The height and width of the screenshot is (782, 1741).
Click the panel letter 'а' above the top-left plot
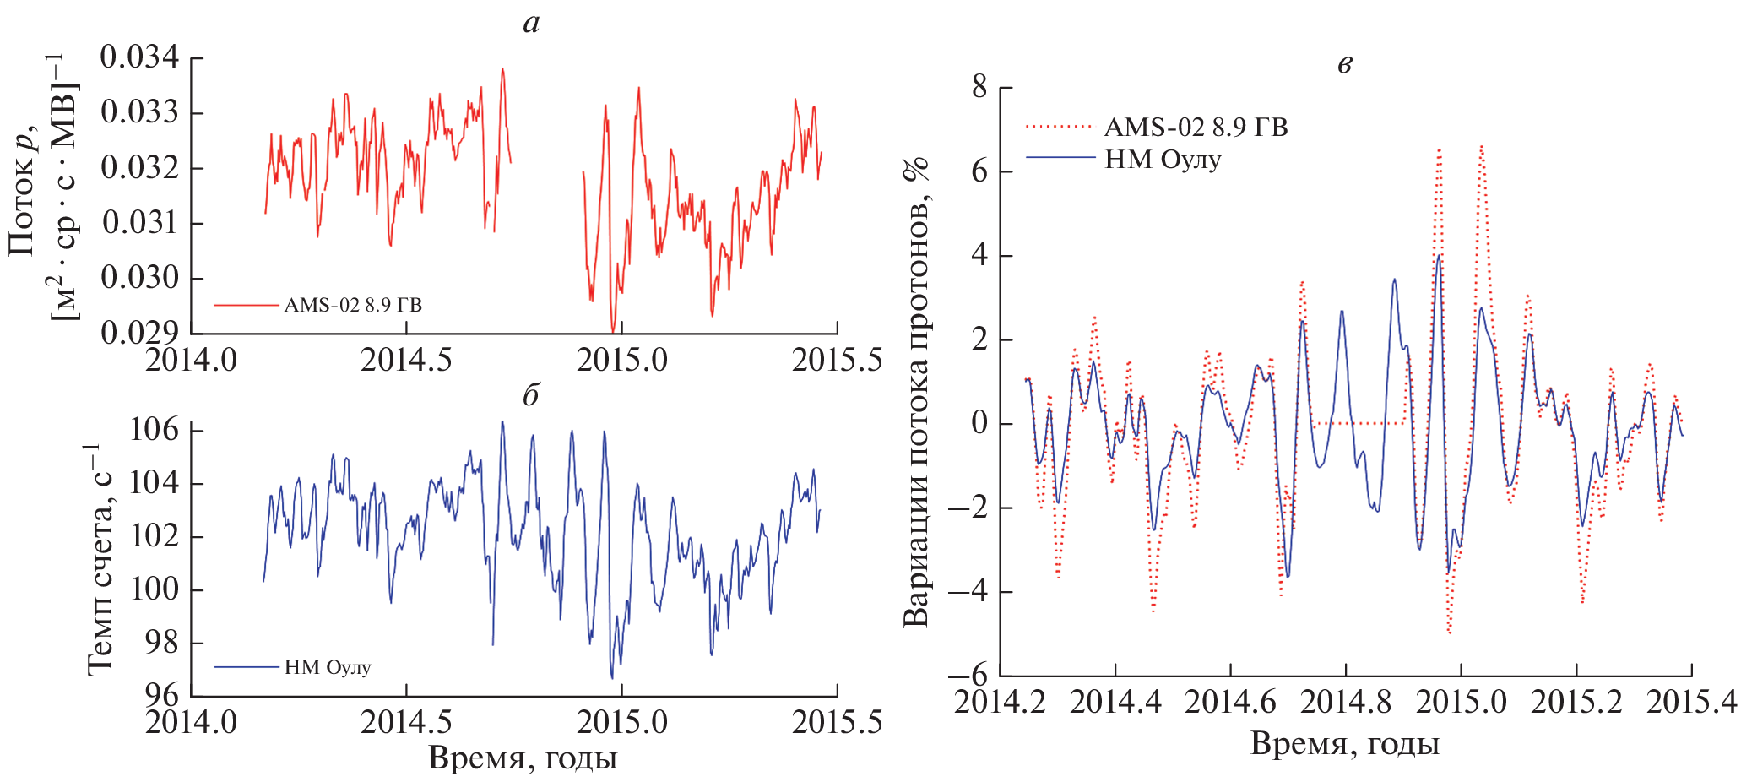point(530,24)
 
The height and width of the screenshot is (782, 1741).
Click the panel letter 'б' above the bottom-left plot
point(530,395)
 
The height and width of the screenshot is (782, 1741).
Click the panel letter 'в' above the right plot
point(1345,63)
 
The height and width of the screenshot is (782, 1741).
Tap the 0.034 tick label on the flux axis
point(140,57)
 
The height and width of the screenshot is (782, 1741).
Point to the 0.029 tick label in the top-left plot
point(140,333)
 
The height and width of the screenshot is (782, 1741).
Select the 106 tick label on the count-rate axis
point(155,430)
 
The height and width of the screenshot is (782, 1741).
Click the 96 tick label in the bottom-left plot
point(162,695)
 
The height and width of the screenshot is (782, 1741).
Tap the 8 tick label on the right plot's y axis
point(979,87)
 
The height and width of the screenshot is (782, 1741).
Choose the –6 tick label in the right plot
point(968,675)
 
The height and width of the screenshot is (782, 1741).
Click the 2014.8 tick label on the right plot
point(1346,702)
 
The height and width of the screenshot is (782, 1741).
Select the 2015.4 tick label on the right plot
point(1691,702)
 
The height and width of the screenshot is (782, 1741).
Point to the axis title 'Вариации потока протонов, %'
point(916,393)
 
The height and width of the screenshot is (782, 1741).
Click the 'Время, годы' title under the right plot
point(1344,744)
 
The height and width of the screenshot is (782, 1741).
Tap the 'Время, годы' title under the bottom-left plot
point(523,758)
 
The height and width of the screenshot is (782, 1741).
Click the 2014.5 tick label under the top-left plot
point(406,361)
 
